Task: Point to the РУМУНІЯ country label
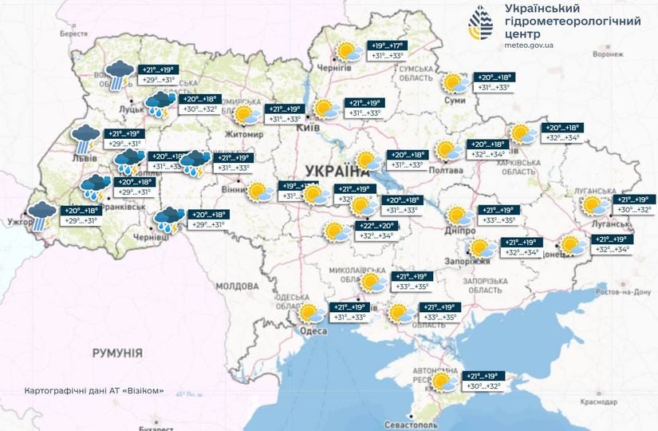pyautogui.click(x=116, y=352)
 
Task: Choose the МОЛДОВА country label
pyautogui.click(x=236, y=286)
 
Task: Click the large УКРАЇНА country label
pyautogui.click(x=331, y=170)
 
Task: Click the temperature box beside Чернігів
pyautogui.click(x=386, y=51)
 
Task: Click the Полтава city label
pyautogui.click(x=446, y=170)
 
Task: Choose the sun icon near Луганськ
pyautogui.click(x=594, y=205)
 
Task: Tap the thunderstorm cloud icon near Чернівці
pyautogui.click(x=167, y=219)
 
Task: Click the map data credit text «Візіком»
pyautogui.click(x=94, y=391)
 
